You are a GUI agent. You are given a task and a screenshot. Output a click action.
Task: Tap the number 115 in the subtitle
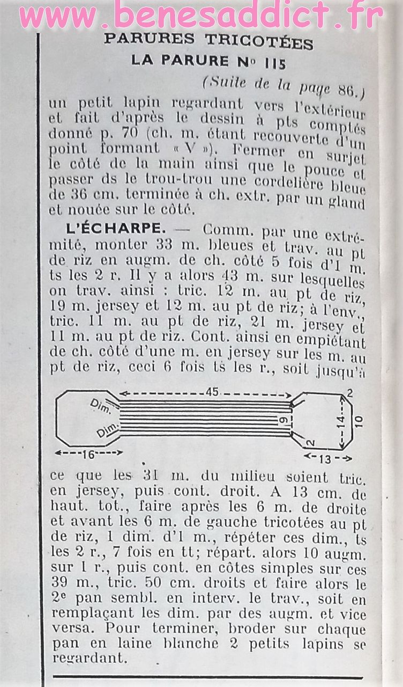275,62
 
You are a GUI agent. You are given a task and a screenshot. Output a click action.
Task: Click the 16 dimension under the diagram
88,454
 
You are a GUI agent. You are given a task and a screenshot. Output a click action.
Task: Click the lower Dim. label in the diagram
105,432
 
